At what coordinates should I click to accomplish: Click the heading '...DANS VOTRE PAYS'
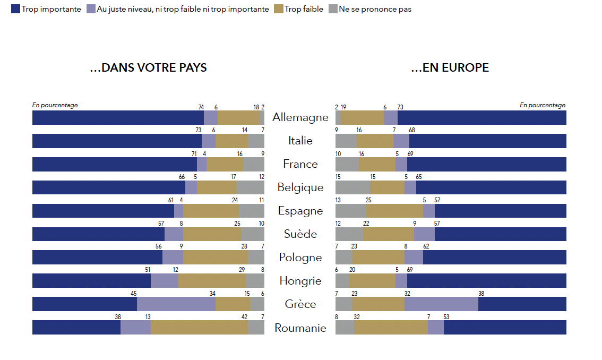[148, 68]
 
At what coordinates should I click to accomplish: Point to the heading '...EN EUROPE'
[450, 68]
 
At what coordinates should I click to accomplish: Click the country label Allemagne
[300, 117]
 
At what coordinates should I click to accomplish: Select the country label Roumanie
[300, 328]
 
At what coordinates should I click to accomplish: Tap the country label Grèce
[300, 304]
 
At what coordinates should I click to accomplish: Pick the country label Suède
[300, 234]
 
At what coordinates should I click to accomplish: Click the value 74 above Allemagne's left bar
[201, 107]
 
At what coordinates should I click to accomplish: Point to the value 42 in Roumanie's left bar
[245, 317]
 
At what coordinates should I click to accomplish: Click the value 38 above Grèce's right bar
[481, 294]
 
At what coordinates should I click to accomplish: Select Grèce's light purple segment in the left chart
[176, 304]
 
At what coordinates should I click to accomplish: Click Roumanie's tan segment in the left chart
[200, 328]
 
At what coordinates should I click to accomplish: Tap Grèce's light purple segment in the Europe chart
[441, 304]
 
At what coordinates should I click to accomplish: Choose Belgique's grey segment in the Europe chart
[352, 187]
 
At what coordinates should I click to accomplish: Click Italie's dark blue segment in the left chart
[117, 141]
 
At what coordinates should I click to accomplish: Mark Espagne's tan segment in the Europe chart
[394, 211]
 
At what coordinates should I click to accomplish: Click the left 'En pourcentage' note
[55, 105]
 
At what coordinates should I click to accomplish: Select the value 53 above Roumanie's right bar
[446, 317]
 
